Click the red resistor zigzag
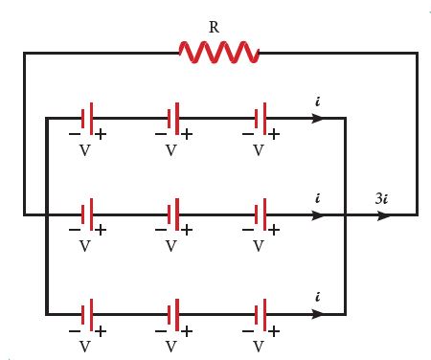click(x=219, y=53)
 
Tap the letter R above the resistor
click(x=214, y=27)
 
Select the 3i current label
click(x=382, y=198)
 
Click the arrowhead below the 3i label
click(x=383, y=215)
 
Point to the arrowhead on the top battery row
click(x=317, y=119)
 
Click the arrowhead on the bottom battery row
click(x=317, y=314)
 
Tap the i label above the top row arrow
click(x=317, y=101)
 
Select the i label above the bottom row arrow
click(x=317, y=297)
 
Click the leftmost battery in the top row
click(x=87, y=119)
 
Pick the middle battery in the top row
click(x=173, y=119)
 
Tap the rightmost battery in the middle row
click(x=261, y=214)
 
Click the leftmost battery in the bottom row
click(x=87, y=315)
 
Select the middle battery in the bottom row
click(x=173, y=315)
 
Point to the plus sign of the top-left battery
click(x=101, y=134)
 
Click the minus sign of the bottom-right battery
click(x=248, y=331)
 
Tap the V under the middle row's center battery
click(x=171, y=246)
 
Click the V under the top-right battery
click(x=259, y=150)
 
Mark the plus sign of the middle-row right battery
click(x=274, y=230)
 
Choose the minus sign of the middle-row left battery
click(x=75, y=230)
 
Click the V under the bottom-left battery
click(x=84, y=347)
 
